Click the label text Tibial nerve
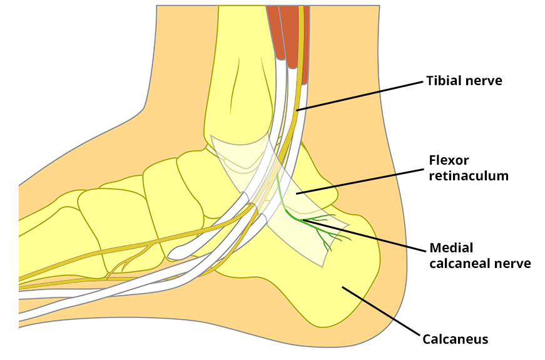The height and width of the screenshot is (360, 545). pyautogui.click(x=464, y=81)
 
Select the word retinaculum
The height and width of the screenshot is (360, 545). pyautogui.click(x=469, y=176)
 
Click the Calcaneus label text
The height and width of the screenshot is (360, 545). pyautogui.click(x=455, y=340)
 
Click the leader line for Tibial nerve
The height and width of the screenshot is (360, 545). pyautogui.click(x=363, y=95)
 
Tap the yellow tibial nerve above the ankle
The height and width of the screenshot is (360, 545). pyautogui.click(x=300, y=75)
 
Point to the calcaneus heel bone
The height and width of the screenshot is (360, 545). pyautogui.click(x=338, y=282)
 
